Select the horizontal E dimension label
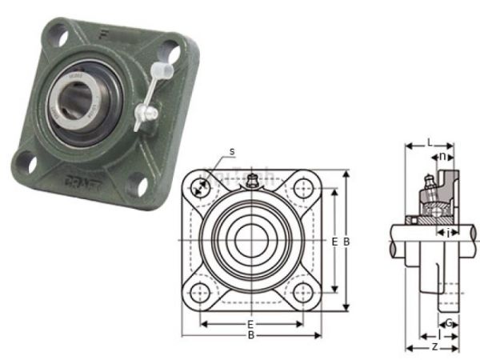(x=250, y=324)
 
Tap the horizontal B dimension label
(x=250, y=335)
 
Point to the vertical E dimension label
(x=334, y=241)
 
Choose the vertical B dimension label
(x=346, y=241)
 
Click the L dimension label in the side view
(x=429, y=142)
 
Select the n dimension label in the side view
(x=442, y=156)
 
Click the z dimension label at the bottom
(x=434, y=347)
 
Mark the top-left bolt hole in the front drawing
(x=199, y=190)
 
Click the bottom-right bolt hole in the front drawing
(x=302, y=292)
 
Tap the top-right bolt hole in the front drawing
(x=302, y=190)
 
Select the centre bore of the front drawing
(x=250, y=241)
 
